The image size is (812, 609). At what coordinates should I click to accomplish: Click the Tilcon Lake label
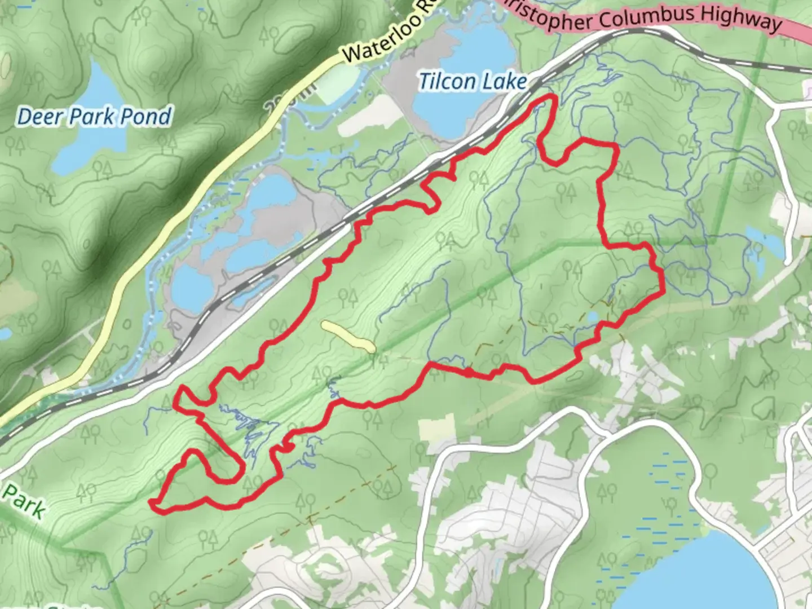[x=473, y=82]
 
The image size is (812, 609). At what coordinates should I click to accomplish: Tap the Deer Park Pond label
[x=94, y=117]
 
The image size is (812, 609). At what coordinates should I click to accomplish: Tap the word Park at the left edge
[x=24, y=501]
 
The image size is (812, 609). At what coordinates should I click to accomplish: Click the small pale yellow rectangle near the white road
[x=436, y=427]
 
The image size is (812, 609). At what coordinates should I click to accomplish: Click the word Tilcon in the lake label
[x=447, y=82]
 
